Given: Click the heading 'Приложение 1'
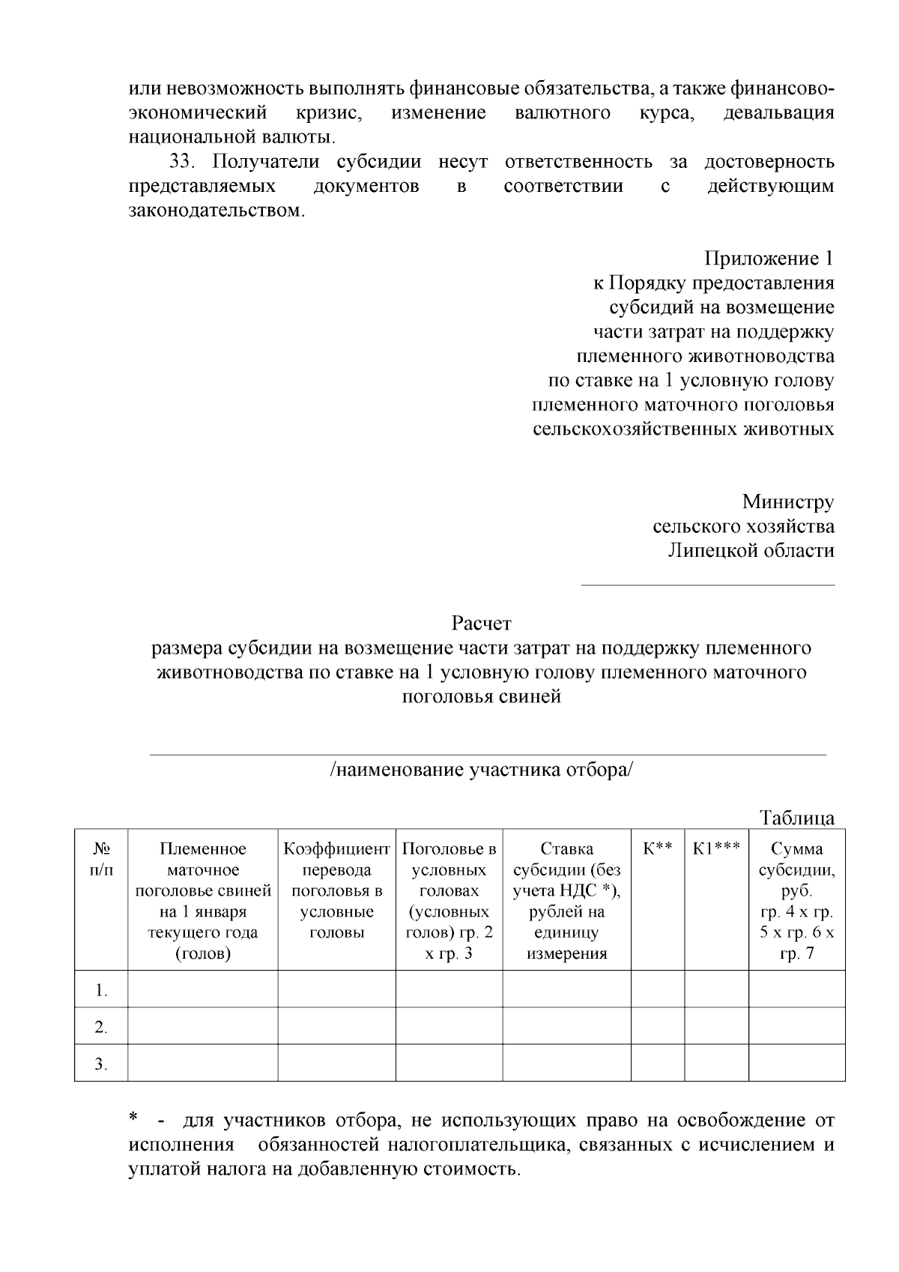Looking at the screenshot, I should pyautogui.click(x=769, y=259).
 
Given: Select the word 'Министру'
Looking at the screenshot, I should pyautogui.click(x=788, y=501).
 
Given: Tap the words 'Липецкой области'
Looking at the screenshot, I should pyautogui.click(x=751, y=550).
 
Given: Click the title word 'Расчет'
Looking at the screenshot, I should pyautogui.click(x=481, y=623).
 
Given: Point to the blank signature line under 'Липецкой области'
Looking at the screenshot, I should pyautogui.click(x=707, y=585).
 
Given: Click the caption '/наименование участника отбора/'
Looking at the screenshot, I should pyautogui.click(x=481, y=770).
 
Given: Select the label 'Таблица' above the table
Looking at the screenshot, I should pyautogui.click(x=796, y=817).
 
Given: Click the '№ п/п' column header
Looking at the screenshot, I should pyautogui.click(x=101, y=859).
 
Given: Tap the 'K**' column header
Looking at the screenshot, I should pyautogui.click(x=657, y=848).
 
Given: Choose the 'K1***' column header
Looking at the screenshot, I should pyautogui.click(x=716, y=848).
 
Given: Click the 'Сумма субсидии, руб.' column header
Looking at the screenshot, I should pyautogui.click(x=796, y=869).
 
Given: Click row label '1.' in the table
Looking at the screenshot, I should pyautogui.click(x=101, y=990).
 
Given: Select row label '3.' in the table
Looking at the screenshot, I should pyautogui.click(x=101, y=1064).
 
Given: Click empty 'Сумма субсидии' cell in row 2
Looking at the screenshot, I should pyautogui.click(x=796, y=1026).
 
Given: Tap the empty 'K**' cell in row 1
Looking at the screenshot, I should pyautogui.click(x=657, y=989).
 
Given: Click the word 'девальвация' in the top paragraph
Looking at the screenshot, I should pyautogui.click(x=778, y=113).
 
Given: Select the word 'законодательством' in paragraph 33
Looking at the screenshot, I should pyautogui.click(x=217, y=211).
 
